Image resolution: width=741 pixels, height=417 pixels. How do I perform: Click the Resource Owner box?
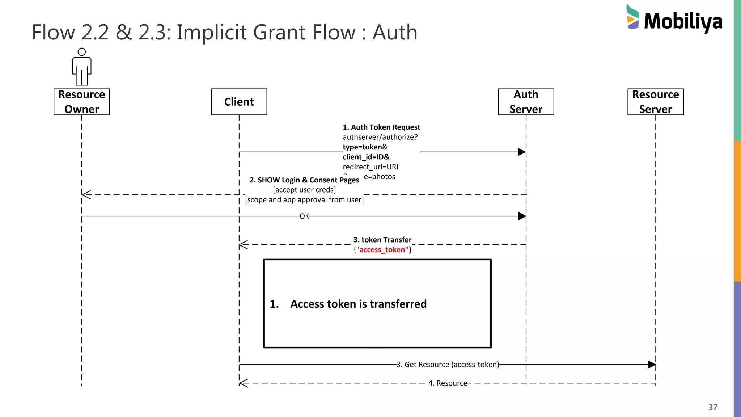81,102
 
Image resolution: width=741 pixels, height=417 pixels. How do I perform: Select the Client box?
239,102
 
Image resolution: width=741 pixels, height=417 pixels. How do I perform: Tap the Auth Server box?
526,102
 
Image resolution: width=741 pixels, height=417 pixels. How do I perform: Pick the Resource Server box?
655,102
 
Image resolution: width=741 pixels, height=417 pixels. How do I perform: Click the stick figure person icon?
82,67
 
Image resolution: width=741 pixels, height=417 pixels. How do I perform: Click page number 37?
712,407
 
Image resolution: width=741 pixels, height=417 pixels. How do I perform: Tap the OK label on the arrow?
304,216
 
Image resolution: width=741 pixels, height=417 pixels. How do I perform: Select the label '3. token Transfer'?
382,240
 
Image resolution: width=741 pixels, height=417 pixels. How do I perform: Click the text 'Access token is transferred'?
358,304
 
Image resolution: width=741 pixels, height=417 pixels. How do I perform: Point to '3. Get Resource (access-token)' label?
448,365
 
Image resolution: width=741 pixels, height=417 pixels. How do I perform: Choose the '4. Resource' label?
448,383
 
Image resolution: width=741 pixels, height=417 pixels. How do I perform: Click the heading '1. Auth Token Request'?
381,127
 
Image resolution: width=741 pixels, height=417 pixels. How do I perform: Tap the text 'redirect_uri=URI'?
370,167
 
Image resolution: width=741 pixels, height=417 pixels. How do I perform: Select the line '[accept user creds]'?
304,190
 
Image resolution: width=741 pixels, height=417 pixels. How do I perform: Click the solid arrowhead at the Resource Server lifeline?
651,365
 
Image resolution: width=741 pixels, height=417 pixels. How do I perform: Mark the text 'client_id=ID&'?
366,157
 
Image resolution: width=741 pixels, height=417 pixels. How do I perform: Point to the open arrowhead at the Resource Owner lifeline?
86,195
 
